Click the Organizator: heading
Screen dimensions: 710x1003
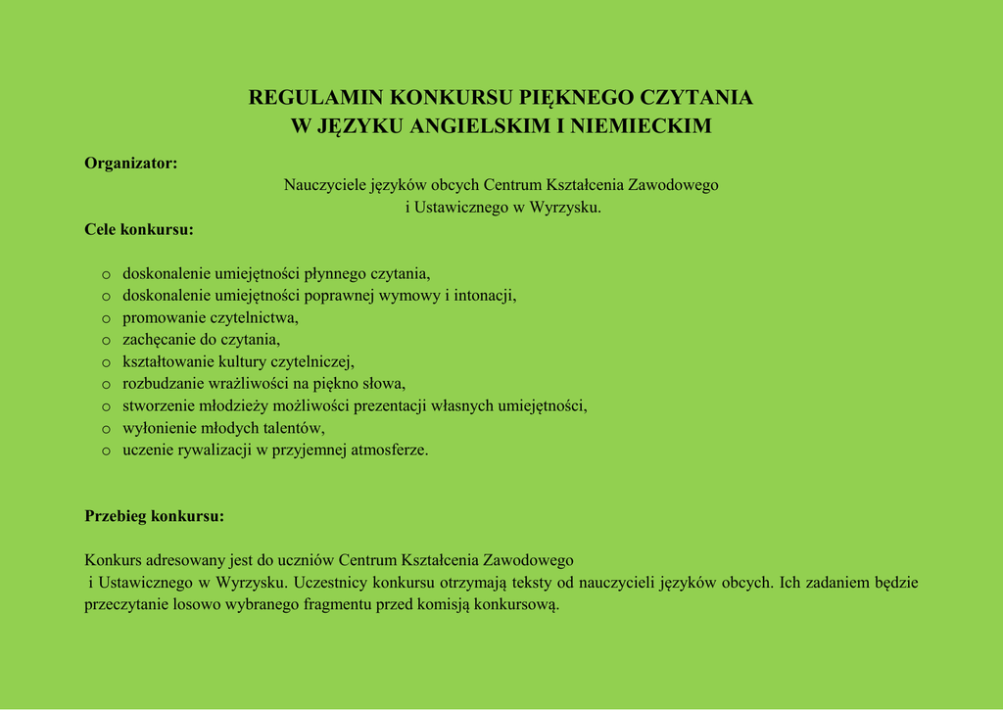click(x=131, y=164)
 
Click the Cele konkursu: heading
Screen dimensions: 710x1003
click(x=139, y=230)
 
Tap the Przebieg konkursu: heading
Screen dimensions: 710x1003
click(x=155, y=516)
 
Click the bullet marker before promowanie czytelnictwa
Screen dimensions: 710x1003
click(x=106, y=318)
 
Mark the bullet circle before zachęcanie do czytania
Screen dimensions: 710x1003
click(x=106, y=341)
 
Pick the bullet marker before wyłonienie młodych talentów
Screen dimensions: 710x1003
click(x=106, y=429)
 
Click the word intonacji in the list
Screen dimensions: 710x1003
click(x=485, y=296)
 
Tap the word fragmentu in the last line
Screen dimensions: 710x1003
click(x=329, y=605)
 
